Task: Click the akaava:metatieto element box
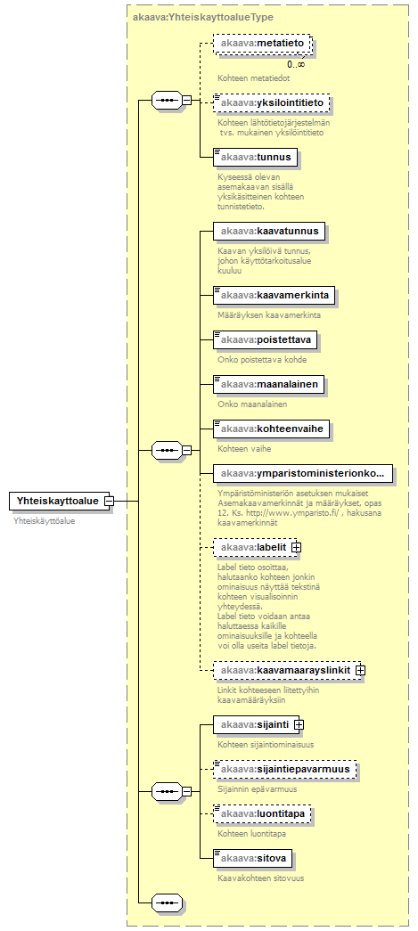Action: click(262, 44)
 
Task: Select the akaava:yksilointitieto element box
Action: click(271, 103)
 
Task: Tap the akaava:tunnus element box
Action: click(255, 158)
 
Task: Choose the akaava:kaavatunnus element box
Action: click(269, 231)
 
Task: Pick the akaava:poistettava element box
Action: click(265, 340)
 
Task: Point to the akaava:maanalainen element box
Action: click(269, 385)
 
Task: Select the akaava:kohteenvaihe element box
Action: click(272, 429)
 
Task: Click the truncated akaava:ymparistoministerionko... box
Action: click(303, 474)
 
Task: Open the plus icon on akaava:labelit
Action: click(296, 547)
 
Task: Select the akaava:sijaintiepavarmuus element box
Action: click(285, 770)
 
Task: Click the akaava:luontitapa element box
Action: click(263, 814)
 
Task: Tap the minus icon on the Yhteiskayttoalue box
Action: click(109, 501)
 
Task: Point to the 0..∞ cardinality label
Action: click(296, 63)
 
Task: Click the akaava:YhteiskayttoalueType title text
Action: click(203, 17)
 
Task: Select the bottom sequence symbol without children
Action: click(167, 903)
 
